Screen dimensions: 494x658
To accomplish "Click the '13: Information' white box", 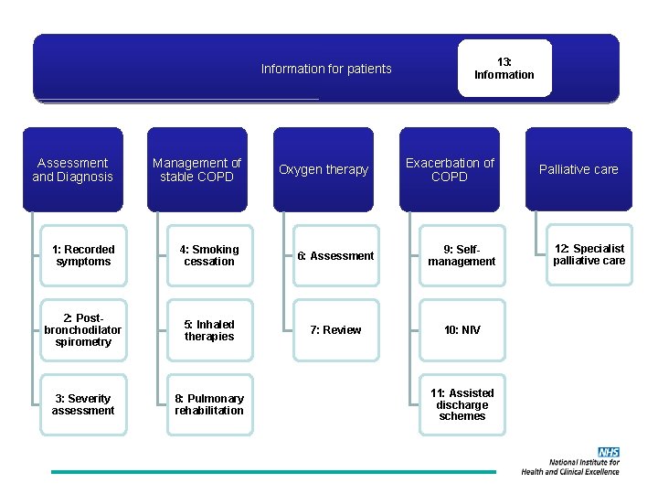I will (x=504, y=69).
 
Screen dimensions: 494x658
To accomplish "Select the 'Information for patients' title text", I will (x=326, y=69).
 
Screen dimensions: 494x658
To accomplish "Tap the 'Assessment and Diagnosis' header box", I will (x=72, y=169).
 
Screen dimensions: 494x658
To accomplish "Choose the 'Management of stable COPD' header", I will (x=196, y=169).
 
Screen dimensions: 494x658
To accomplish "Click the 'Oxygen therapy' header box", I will (x=324, y=169).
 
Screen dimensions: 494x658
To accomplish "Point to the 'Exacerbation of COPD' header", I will (x=450, y=169).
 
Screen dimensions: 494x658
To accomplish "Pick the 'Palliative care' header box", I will (x=578, y=169).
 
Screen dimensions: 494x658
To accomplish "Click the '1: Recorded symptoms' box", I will (x=83, y=255).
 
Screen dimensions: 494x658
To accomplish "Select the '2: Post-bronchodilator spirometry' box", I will (x=83, y=330).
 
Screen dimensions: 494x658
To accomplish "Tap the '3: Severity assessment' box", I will (x=83, y=404).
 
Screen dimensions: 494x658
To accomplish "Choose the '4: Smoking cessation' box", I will (x=209, y=255).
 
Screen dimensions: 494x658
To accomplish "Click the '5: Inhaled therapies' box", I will (x=209, y=330).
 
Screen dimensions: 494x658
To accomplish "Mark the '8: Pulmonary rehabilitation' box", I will (x=209, y=404).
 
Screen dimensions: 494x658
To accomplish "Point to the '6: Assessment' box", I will (x=335, y=256).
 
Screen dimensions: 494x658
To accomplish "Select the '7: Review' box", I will (x=335, y=330).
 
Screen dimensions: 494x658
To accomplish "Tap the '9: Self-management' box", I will (x=462, y=255).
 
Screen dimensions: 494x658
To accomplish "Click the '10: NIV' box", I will (x=462, y=330).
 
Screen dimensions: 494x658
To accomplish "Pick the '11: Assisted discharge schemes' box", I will (x=462, y=404).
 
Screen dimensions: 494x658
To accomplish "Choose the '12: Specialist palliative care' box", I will (x=589, y=254).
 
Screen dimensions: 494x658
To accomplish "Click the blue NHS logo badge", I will (x=609, y=452).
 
